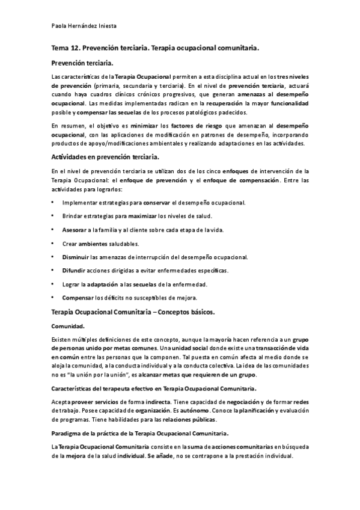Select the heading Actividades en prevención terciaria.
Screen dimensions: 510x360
click(105, 157)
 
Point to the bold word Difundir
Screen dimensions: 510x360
click(74, 271)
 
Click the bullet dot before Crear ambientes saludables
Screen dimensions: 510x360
click(53, 244)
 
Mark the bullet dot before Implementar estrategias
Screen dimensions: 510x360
click(53, 203)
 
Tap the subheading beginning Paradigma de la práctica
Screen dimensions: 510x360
click(141, 433)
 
